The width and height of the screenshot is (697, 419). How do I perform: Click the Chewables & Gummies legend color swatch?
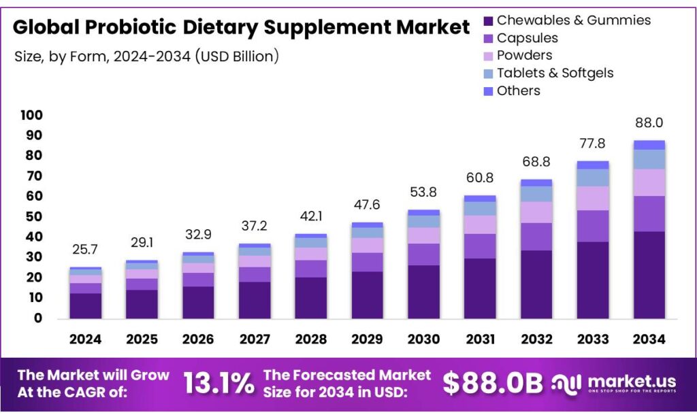tap(488, 21)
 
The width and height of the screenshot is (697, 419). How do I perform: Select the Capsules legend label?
tap(527, 38)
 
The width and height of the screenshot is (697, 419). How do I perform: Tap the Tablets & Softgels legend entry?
tap(555, 73)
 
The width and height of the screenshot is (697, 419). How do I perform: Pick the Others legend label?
tap(518, 90)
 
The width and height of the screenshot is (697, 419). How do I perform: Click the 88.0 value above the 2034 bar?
tap(649, 123)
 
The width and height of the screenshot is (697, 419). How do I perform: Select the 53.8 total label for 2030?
tap(423, 192)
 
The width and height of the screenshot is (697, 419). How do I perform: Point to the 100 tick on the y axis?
tap(31, 116)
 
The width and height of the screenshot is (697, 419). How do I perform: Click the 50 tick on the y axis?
tap(35, 217)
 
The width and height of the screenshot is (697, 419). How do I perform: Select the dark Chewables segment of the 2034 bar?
tap(649, 275)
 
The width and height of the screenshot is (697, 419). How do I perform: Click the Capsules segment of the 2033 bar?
tap(592, 226)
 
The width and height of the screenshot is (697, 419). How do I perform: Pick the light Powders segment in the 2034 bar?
tap(649, 182)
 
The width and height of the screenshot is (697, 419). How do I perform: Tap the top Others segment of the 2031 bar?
tap(480, 199)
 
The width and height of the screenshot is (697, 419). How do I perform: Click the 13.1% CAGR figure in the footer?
tap(218, 384)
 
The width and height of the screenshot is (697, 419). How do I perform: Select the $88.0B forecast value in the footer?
tap(493, 384)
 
